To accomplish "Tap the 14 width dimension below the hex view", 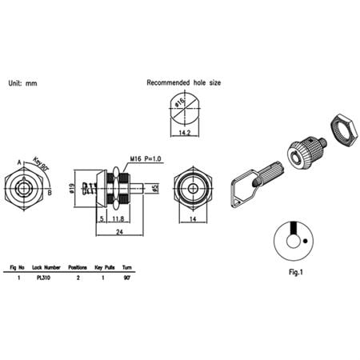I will pyautogui.click(x=193, y=218).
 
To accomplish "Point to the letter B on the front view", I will pyautogui.click(x=50, y=192).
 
